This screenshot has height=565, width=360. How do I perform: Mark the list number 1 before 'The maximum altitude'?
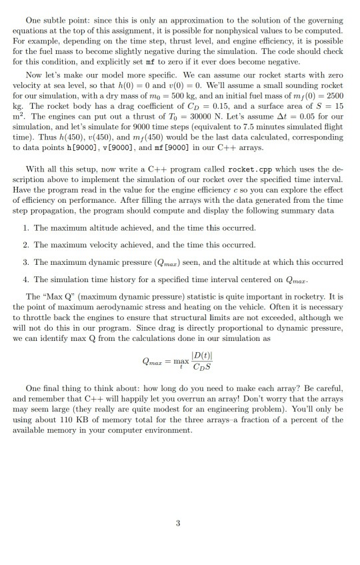click(x=25, y=227)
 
